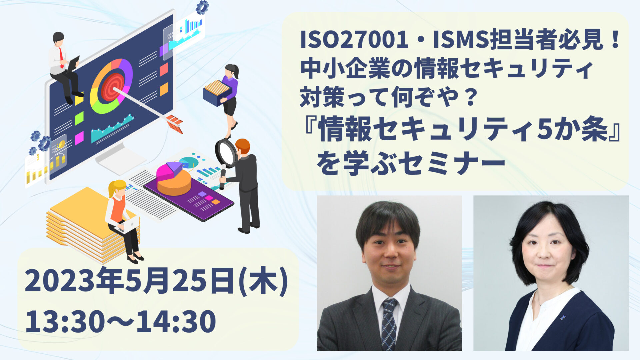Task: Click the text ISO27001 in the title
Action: [354, 40]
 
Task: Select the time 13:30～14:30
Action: [120, 321]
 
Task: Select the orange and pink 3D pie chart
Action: [174, 179]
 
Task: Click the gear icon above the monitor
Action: [202, 7]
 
